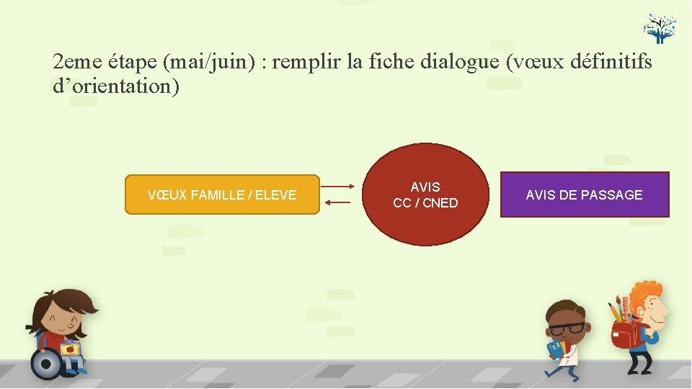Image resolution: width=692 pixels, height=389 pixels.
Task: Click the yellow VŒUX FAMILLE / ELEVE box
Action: click(222, 194)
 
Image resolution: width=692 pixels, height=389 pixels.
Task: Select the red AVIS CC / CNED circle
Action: click(425, 194)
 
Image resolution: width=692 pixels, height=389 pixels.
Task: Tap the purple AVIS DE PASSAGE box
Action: click(585, 194)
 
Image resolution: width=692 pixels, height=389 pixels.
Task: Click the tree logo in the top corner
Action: click(660, 27)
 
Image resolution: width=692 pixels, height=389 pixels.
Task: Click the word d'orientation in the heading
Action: click(116, 86)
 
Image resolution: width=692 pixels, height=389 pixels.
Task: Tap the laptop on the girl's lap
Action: click(71, 349)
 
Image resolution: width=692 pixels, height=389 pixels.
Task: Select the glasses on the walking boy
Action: click(568, 328)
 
